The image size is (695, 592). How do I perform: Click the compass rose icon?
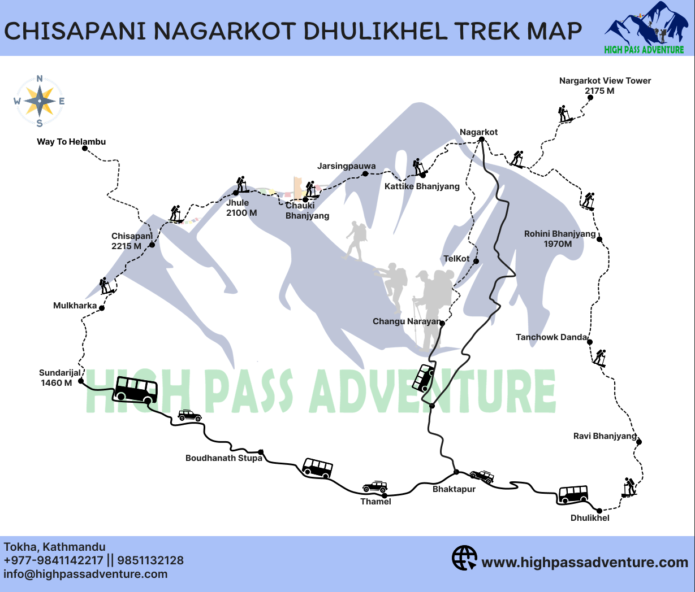40,102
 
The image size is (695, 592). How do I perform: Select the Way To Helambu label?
71,142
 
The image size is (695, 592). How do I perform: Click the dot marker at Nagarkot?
480,139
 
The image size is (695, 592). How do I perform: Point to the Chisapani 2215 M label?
131,241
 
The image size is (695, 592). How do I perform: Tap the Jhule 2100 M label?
241,208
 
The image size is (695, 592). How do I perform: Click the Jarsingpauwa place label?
346,166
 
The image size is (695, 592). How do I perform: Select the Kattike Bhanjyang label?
422,186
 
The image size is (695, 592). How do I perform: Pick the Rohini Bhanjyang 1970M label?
559,239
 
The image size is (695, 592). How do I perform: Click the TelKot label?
456,259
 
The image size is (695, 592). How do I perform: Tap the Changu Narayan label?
406,321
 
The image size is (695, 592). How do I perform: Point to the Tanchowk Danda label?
551,337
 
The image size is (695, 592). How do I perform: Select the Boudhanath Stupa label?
223,458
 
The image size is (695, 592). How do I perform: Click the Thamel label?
375,502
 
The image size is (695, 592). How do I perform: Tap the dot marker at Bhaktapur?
456,472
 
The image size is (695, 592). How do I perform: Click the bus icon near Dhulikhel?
573,494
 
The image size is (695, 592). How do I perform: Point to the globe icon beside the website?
464,558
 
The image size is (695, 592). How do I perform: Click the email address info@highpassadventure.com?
85,574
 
